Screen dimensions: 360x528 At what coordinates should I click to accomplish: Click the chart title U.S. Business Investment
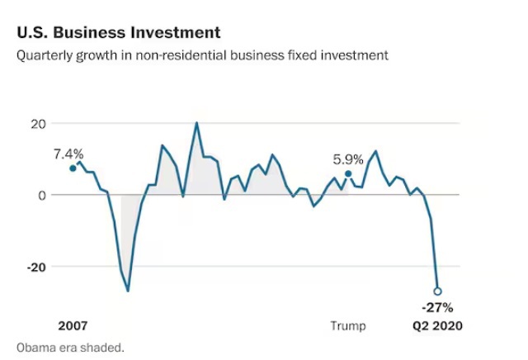118,33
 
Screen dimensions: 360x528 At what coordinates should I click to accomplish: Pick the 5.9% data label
347,159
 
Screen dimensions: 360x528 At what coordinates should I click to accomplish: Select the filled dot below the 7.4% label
73,168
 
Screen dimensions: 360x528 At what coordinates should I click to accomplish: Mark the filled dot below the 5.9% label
348,174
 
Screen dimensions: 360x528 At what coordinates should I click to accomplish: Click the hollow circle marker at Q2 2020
437,291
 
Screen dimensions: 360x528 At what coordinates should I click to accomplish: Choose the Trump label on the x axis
347,326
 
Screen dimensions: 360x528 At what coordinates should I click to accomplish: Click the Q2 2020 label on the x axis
437,326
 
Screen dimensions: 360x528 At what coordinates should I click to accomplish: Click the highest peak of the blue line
196,123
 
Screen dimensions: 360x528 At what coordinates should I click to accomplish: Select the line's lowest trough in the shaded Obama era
128,291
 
